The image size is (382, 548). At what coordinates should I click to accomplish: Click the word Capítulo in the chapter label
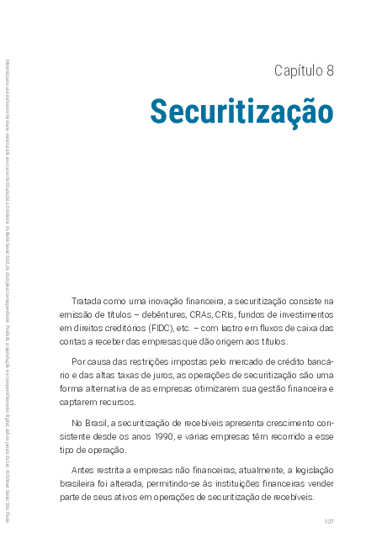point(297,71)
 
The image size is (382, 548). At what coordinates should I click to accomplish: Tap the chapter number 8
point(330,71)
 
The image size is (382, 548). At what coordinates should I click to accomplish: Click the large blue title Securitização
point(241,112)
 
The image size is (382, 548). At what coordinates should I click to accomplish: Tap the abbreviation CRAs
point(213,314)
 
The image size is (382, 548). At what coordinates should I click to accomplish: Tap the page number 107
point(329,522)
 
